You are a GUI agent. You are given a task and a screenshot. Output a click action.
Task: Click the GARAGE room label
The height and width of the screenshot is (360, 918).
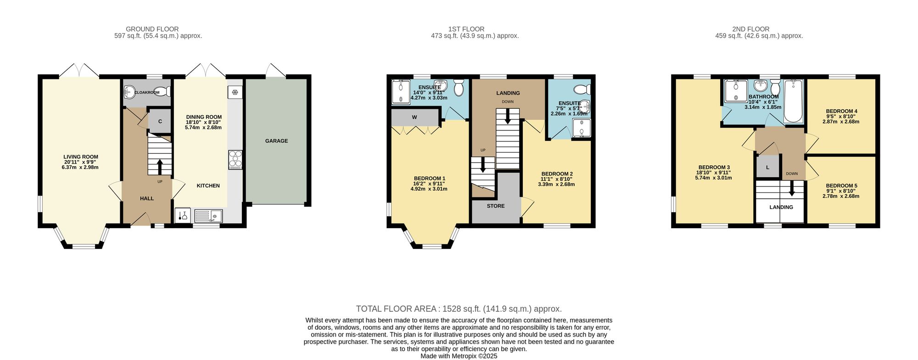coord(276,141)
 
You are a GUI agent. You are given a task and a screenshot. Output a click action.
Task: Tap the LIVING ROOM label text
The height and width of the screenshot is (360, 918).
coord(81,157)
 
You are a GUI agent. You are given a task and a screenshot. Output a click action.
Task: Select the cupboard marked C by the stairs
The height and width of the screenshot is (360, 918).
coord(160,121)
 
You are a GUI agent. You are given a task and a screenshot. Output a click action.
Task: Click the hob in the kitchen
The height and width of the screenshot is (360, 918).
coord(235,160)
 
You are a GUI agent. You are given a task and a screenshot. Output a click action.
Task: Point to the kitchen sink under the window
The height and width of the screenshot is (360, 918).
coord(208,216)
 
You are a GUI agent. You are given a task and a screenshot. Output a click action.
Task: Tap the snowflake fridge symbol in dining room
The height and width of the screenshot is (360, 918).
coord(235,93)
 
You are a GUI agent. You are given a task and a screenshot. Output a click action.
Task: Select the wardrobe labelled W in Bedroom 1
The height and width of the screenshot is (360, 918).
coord(414,118)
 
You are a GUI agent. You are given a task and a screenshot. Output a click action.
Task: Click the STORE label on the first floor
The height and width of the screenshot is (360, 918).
coord(496,206)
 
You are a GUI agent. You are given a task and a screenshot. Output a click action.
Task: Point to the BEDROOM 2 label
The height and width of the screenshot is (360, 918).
coord(556,174)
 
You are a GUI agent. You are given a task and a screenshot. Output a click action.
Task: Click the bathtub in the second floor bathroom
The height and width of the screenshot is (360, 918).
coord(793,101)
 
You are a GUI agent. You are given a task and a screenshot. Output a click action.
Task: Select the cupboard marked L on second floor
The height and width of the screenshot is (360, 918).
coord(767,168)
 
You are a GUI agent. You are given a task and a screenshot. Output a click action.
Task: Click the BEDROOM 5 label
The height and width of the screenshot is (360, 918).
coord(841,186)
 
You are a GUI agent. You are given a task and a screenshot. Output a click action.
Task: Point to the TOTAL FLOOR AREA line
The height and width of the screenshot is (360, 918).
coord(459,309)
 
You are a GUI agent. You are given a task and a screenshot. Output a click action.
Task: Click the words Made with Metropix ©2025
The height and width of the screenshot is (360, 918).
coord(459,356)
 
